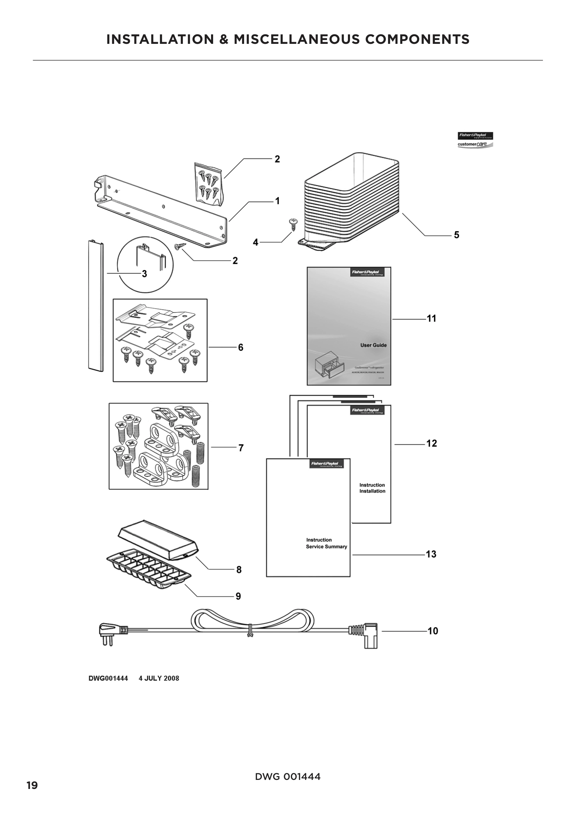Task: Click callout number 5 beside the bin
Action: click(x=457, y=235)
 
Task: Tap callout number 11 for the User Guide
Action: click(x=431, y=319)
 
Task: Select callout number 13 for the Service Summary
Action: click(x=431, y=554)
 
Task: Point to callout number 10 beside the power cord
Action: click(x=433, y=631)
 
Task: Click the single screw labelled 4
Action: click(x=294, y=224)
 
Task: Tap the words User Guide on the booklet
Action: click(x=373, y=345)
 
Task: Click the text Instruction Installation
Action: click(x=372, y=488)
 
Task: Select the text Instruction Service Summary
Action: click(x=326, y=543)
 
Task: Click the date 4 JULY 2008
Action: click(x=159, y=678)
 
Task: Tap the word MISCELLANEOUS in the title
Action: click(x=296, y=39)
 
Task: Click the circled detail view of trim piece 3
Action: click(x=146, y=264)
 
